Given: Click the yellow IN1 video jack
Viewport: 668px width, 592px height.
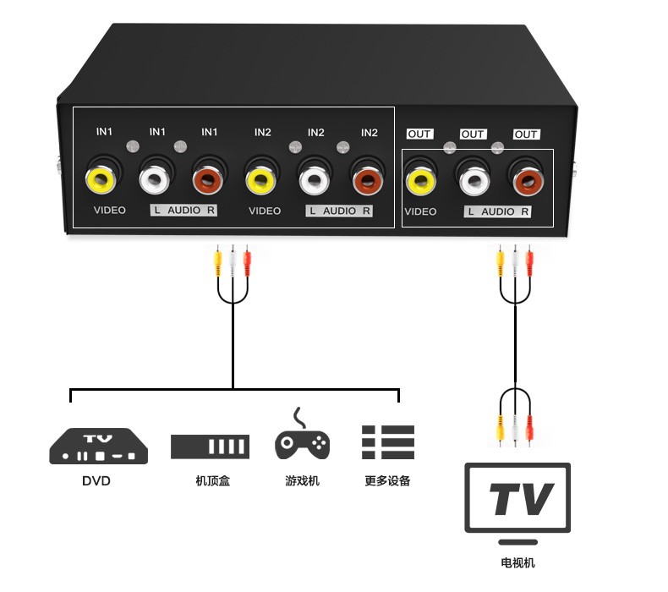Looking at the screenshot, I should (x=100, y=178).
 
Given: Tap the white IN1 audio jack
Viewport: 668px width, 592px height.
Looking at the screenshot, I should (x=155, y=178).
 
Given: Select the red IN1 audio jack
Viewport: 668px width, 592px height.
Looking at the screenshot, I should (x=208, y=178).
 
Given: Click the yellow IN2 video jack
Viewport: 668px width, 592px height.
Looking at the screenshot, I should (x=260, y=178).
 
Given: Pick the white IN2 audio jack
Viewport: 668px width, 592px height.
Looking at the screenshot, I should (x=314, y=178).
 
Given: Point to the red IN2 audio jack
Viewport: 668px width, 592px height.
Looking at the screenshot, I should (x=368, y=178).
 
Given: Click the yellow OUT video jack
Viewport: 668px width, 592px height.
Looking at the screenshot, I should (x=420, y=179).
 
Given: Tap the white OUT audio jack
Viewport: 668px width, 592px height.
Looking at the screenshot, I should (x=473, y=179).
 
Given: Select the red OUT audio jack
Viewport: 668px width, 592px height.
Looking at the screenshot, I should (x=526, y=179).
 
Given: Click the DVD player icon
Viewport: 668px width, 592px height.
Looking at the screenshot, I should (x=98, y=447).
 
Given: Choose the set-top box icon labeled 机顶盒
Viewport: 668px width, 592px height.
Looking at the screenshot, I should (x=210, y=447).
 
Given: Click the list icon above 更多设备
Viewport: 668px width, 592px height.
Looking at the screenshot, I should (x=388, y=441).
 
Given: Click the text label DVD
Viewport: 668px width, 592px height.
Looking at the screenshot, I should (x=96, y=481).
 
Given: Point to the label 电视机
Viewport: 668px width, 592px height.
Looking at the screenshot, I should (x=517, y=563).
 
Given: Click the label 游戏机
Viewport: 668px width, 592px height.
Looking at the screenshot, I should (x=302, y=481).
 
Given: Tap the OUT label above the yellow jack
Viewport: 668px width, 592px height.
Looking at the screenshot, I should (x=419, y=134).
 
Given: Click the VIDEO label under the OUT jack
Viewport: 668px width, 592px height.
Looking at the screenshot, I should (x=420, y=211).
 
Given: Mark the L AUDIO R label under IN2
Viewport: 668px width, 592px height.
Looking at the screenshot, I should (x=339, y=211).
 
